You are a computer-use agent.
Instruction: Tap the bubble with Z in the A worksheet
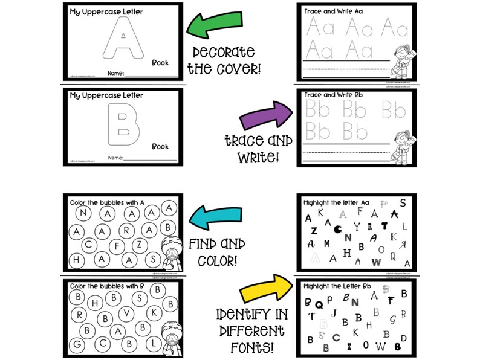[139, 244]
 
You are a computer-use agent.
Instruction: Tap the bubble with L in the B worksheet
[154, 341]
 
